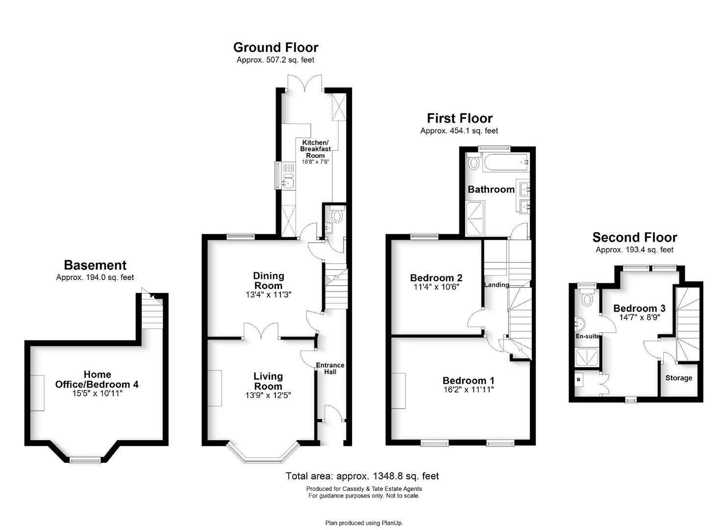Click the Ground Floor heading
pos(276,48)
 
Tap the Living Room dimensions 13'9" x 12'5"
pos(268,396)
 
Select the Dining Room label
pos(269,280)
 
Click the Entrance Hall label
pos(330,368)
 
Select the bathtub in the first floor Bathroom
pos(506,162)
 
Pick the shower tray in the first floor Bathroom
pos(475,219)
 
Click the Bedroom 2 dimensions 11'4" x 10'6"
pos(436,287)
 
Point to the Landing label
pos(496,285)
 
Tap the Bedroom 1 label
pos(468,380)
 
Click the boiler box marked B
pos(578,379)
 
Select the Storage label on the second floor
pos(678,378)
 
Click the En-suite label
pos(587,336)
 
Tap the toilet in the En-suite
pos(587,296)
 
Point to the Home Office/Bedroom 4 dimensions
pos(97,394)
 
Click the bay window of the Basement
pos(85,460)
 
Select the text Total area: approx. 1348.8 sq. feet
pos(362,476)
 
